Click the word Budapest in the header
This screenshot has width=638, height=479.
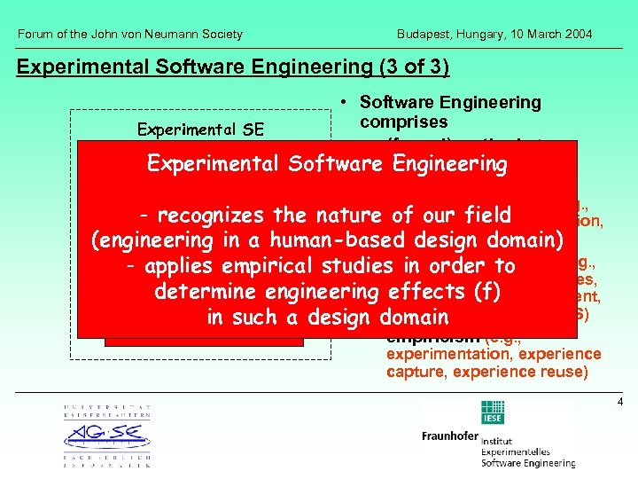[423, 35]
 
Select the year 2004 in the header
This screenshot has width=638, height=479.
[576, 35]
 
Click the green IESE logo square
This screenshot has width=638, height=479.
[492, 411]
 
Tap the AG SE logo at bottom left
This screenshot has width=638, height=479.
[107, 436]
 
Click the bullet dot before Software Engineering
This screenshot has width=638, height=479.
[343, 103]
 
